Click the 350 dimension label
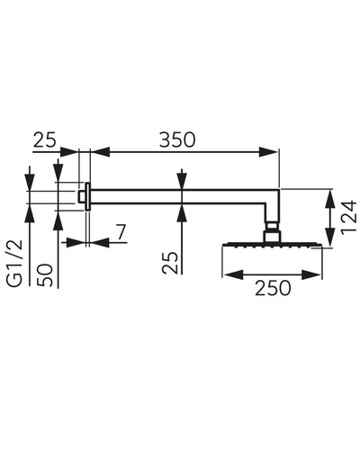point(177,139)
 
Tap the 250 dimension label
point(273,288)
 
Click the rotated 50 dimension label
point(44,275)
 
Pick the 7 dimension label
point(121,232)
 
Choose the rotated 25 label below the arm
point(170,263)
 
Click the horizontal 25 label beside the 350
point(44,139)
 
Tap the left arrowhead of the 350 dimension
point(100,152)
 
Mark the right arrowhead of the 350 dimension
point(269,152)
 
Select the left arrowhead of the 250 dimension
point(233,274)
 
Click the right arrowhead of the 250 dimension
point(311,274)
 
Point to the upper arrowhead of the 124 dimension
point(329,199)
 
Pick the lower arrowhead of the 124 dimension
point(329,238)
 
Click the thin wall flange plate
point(87,196)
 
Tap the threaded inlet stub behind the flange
point(82,196)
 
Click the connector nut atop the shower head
point(273,236)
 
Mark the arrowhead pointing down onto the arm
point(182,180)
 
